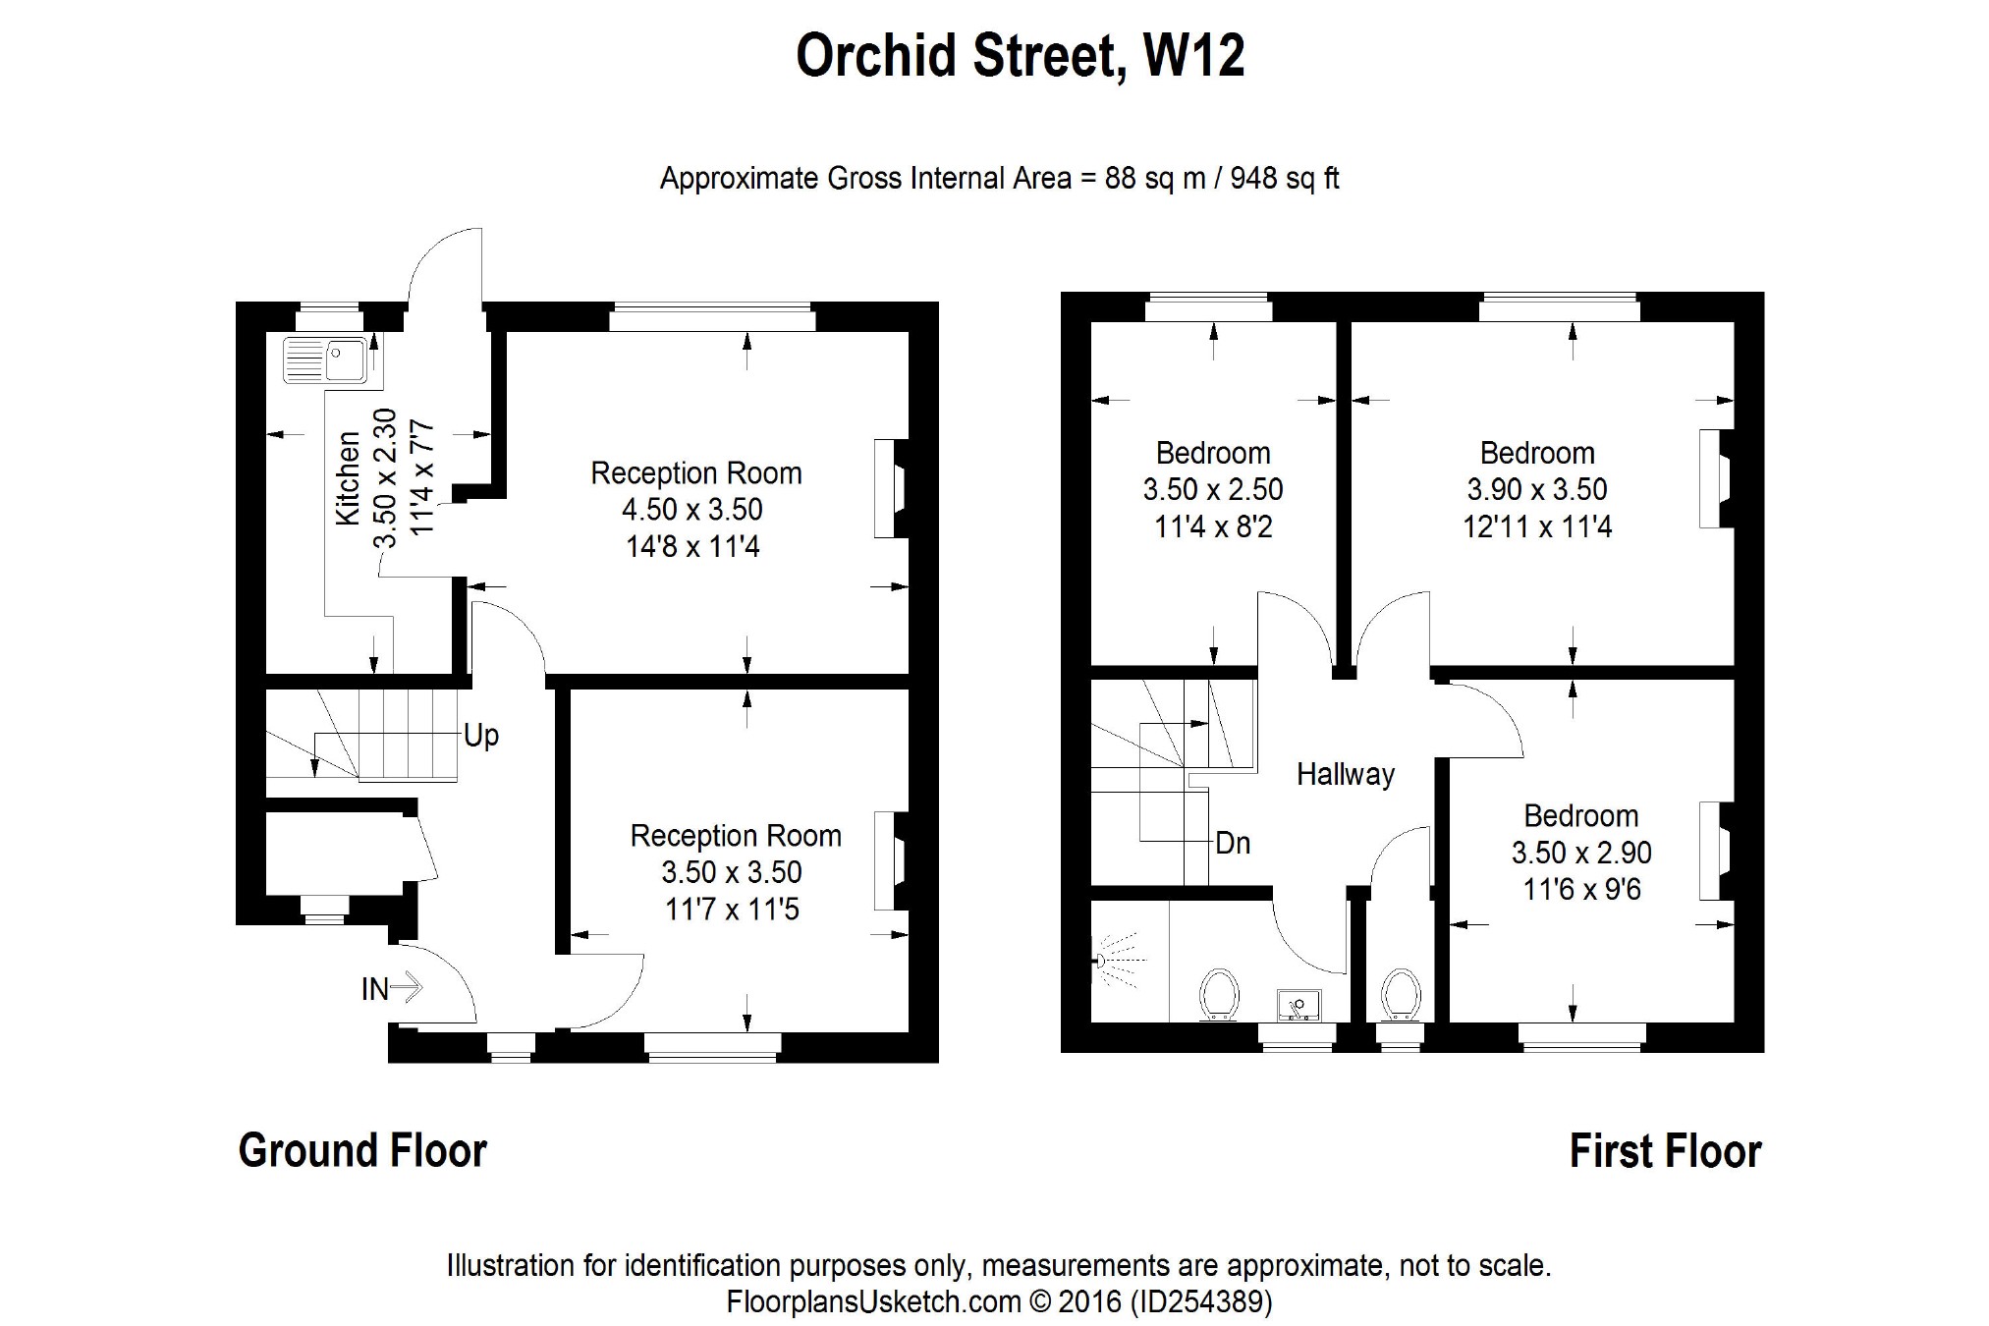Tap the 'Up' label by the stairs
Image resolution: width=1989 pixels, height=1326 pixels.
tap(481, 735)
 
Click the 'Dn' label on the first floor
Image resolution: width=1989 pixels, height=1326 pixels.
tap(1233, 843)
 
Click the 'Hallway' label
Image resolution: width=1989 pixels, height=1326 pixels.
tap(1346, 774)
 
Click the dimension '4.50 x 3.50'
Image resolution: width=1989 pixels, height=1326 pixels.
tap(692, 510)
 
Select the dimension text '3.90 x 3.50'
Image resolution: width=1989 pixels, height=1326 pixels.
tap(1537, 489)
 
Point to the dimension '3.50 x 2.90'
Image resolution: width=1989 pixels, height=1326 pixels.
tap(1581, 853)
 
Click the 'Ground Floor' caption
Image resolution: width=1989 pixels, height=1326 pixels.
tap(362, 1150)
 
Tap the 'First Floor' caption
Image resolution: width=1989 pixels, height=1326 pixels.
tap(1666, 1151)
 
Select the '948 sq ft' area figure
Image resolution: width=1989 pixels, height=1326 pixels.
tap(1285, 179)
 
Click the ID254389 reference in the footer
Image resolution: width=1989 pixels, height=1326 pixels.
tap(1202, 1302)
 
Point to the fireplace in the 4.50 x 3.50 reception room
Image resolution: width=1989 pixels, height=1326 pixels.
tap(890, 487)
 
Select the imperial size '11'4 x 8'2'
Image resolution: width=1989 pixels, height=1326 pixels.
tap(1213, 527)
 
